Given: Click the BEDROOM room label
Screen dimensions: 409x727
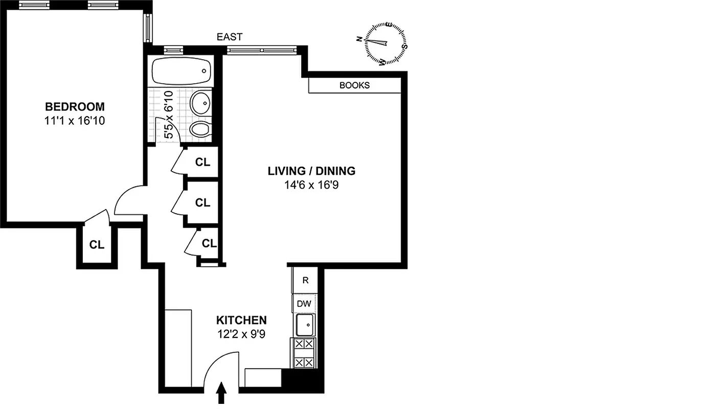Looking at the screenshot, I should [x=75, y=107].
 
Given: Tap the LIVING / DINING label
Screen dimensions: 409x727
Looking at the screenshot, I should [x=311, y=171].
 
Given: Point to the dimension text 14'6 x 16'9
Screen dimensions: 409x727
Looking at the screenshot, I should [x=311, y=185].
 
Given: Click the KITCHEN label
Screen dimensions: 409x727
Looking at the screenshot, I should [x=241, y=321].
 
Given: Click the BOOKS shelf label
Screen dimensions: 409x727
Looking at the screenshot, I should [x=354, y=85].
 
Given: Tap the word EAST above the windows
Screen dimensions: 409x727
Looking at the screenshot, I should [x=230, y=37].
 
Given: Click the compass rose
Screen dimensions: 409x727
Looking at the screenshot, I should [x=386, y=43].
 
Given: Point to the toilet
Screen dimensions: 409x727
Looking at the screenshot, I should [x=200, y=128].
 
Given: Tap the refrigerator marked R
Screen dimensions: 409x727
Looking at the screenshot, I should [x=305, y=280].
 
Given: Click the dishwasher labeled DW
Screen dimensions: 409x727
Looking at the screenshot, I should [x=304, y=304].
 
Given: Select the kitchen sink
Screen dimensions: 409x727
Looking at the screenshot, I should [x=305, y=324].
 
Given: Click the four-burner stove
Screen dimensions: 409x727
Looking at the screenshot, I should [x=304, y=353].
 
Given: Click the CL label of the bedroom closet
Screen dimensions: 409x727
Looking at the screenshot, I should [x=97, y=245].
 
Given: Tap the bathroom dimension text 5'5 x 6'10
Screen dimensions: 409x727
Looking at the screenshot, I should [x=169, y=115].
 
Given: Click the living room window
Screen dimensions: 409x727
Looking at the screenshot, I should [x=261, y=50].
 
